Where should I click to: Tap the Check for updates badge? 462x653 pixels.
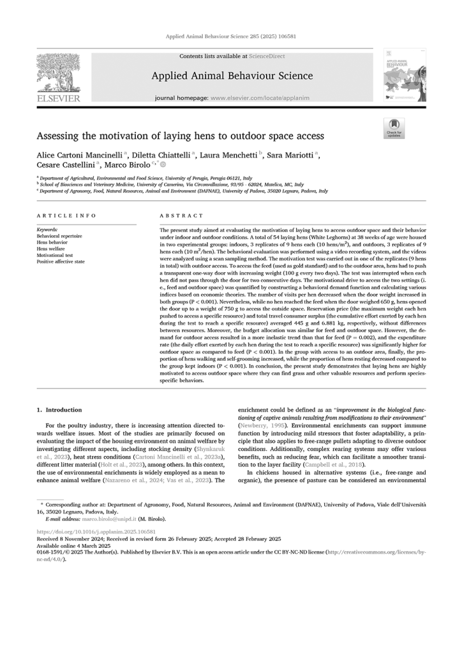(394, 128)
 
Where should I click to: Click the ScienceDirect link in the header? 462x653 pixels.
(267, 56)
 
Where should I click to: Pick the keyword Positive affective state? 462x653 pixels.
(60, 261)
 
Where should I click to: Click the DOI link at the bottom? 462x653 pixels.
(96, 531)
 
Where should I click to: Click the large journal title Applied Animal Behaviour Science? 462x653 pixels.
(232, 77)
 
